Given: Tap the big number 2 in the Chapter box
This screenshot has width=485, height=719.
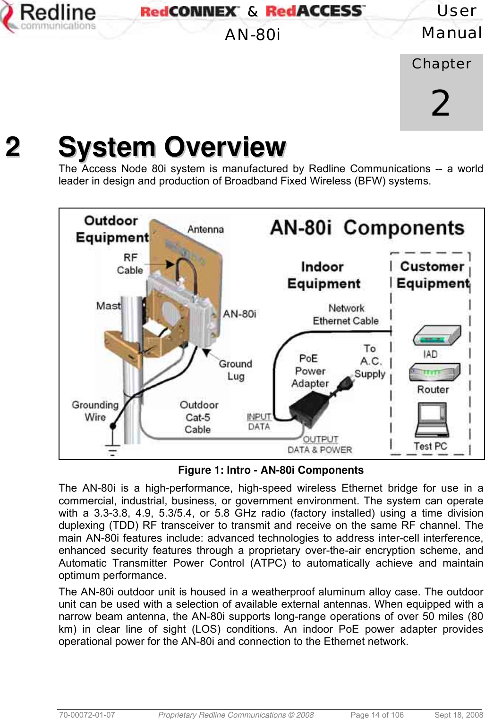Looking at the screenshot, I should pyautogui.click(x=441, y=103).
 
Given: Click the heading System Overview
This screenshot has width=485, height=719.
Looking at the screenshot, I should pyautogui.click(x=172, y=147).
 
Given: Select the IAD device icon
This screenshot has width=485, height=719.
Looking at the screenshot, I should pyautogui.click(x=436, y=336).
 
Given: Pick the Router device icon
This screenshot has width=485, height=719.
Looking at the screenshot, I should pyautogui.click(x=434, y=373).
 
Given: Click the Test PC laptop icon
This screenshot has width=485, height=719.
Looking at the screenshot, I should pyautogui.click(x=432, y=419).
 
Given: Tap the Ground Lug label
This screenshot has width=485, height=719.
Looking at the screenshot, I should pyautogui.click(x=235, y=370).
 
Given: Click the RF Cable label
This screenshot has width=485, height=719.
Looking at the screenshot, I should pyautogui.click(x=130, y=264).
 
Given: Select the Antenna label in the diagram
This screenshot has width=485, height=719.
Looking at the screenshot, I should pyautogui.click(x=205, y=229).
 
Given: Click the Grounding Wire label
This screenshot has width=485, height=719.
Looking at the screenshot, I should pyautogui.click(x=95, y=411).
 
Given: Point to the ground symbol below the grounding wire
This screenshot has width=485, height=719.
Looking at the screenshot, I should pyautogui.click(x=112, y=450).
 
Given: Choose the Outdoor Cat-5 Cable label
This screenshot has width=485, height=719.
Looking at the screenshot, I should pyautogui.click(x=198, y=417).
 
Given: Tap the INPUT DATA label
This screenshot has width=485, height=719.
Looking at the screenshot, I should pyautogui.click(x=259, y=422).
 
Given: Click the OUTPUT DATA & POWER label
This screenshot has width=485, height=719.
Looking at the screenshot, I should pyautogui.click(x=320, y=445).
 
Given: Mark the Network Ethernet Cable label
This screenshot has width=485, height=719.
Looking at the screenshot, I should pyautogui.click(x=346, y=315).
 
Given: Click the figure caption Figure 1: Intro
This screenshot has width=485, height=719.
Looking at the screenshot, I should pyautogui.click(x=271, y=470).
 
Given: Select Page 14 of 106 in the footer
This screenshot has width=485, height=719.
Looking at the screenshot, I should pyautogui.click(x=377, y=715).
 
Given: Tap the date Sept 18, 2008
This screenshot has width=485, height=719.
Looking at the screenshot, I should pyautogui.click(x=458, y=715).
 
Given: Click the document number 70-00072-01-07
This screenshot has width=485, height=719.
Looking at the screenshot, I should pyautogui.click(x=87, y=715).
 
